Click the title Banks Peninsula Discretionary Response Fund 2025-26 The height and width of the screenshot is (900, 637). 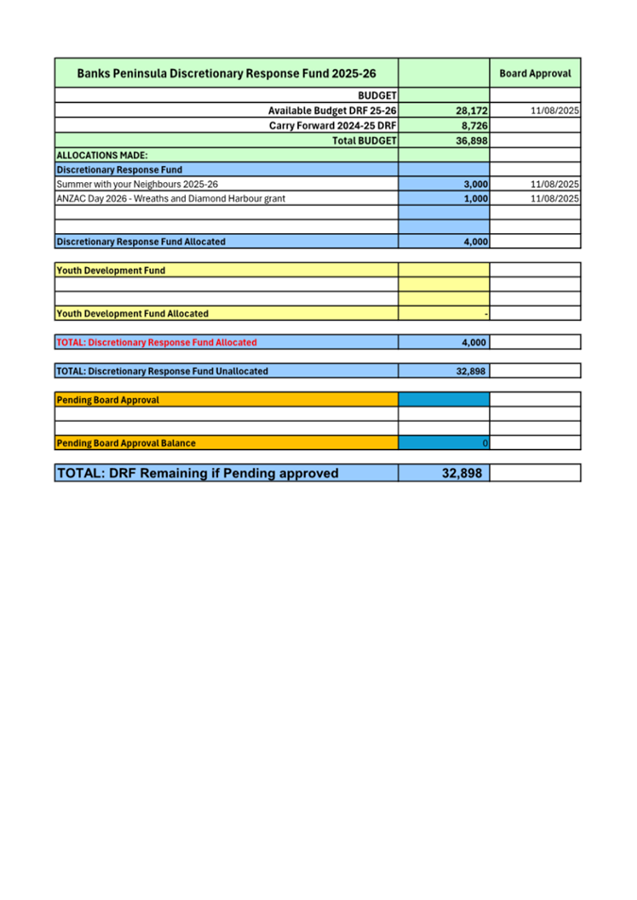(x=226, y=73)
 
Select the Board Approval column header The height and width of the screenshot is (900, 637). (x=534, y=73)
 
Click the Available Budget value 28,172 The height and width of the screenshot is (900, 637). (x=471, y=111)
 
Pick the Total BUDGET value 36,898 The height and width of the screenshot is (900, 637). (x=471, y=141)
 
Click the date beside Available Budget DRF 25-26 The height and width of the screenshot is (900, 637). (x=555, y=111)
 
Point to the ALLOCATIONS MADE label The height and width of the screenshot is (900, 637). (x=102, y=155)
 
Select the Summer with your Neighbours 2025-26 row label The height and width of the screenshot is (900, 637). (x=138, y=184)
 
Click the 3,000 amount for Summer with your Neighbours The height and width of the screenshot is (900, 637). (x=476, y=184)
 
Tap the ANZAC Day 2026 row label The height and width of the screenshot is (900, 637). (x=171, y=199)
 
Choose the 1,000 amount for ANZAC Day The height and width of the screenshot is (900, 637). (x=476, y=199)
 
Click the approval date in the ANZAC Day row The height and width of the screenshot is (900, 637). (x=555, y=199)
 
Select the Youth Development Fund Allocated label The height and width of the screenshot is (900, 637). (x=133, y=313)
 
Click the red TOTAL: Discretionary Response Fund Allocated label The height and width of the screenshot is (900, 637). (x=157, y=342)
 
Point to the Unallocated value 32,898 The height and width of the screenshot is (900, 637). (x=471, y=372)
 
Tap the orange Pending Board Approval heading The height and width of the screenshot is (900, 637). (x=109, y=400)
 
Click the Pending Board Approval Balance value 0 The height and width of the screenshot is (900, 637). (x=484, y=443)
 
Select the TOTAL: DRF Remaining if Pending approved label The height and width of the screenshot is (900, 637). (x=197, y=473)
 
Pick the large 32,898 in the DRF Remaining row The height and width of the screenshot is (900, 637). (x=463, y=473)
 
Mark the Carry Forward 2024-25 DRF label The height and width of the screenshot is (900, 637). (x=332, y=125)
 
